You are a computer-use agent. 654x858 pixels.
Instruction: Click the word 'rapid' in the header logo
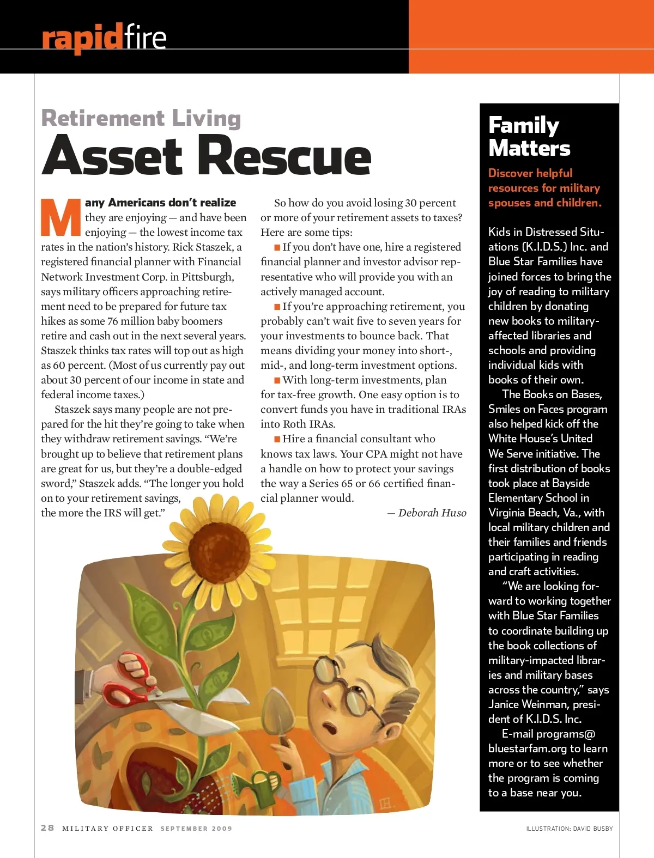tap(82, 38)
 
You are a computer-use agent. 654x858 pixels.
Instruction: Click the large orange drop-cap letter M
tap(61, 218)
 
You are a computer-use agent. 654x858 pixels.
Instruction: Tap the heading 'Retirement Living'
tap(141, 118)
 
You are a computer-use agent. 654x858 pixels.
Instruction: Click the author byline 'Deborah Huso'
tap(432, 513)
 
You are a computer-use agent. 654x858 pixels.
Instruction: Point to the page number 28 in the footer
tap(47, 827)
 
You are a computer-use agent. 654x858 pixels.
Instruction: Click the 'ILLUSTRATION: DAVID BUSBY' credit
tap(570, 829)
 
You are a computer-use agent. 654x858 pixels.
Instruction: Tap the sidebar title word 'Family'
tap(524, 125)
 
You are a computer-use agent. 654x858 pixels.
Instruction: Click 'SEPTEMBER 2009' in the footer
tap(196, 829)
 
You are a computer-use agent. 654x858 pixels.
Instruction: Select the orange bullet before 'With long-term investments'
tap(277, 380)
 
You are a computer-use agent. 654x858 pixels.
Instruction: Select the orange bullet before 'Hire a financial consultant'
tap(277, 439)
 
